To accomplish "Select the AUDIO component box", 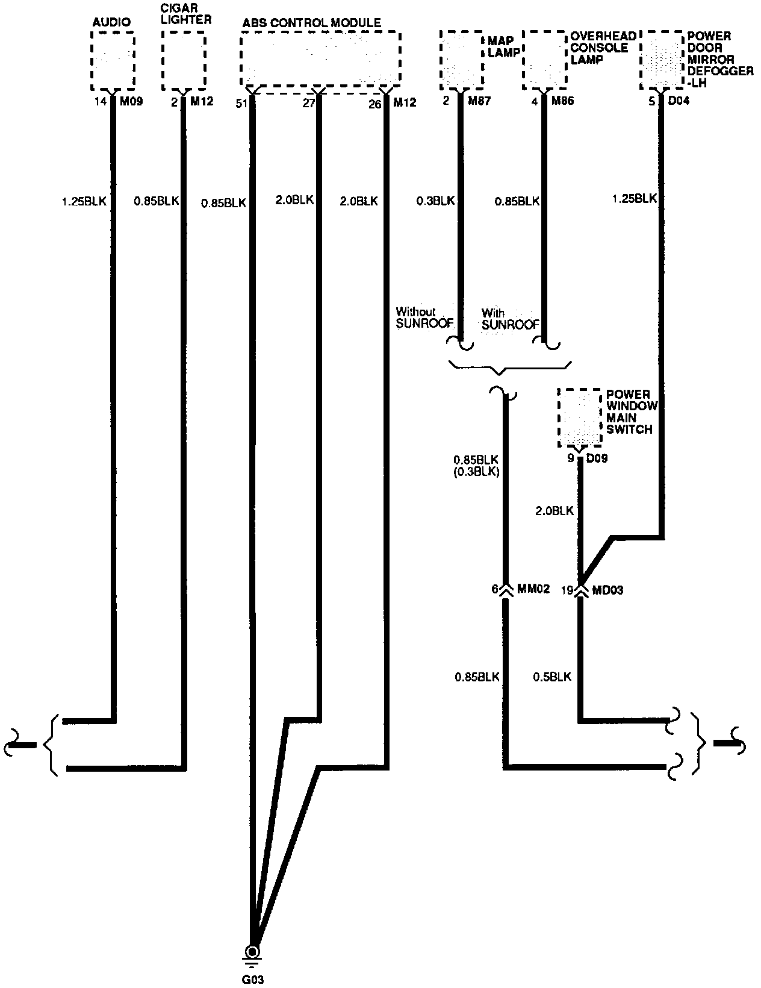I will [113, 61].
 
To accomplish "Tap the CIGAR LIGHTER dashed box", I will [184, 61].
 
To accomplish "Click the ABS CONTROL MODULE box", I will [320, 58].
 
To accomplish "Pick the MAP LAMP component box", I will [461, 59].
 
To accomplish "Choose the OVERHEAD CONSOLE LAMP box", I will [545, 59].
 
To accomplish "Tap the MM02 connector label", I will [533, 590].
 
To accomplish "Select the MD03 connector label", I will [607, 590].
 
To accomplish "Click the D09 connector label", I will [597, 459].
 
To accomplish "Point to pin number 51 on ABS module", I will [241, 104].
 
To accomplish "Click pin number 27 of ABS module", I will [308, 104].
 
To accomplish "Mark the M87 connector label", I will [479, 101].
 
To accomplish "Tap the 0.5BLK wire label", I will [551, 677].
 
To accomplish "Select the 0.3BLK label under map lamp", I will [435, 201].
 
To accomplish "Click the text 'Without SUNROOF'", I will [424, 318].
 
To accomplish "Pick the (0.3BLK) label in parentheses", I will [476, 472].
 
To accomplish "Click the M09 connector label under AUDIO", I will [131, 101].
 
